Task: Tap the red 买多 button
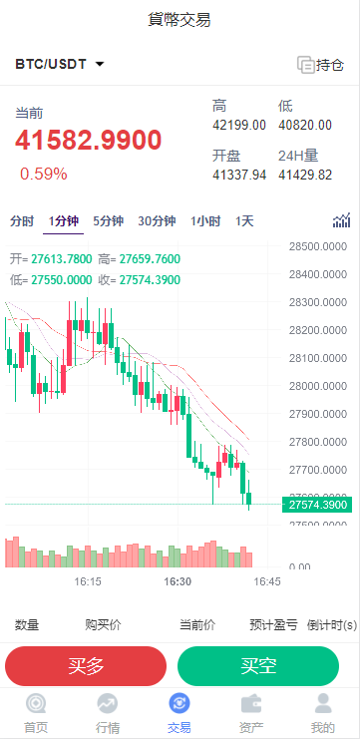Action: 86,666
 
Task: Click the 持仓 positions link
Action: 320,65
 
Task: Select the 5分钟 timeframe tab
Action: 108,221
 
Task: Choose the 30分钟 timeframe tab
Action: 157,221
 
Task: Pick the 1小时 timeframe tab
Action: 206,221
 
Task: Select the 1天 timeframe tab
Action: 244,221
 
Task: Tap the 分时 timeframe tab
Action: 22,221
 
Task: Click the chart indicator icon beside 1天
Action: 342,220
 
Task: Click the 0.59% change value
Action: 44,174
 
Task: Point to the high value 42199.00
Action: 239,125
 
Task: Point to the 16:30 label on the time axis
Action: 179,580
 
